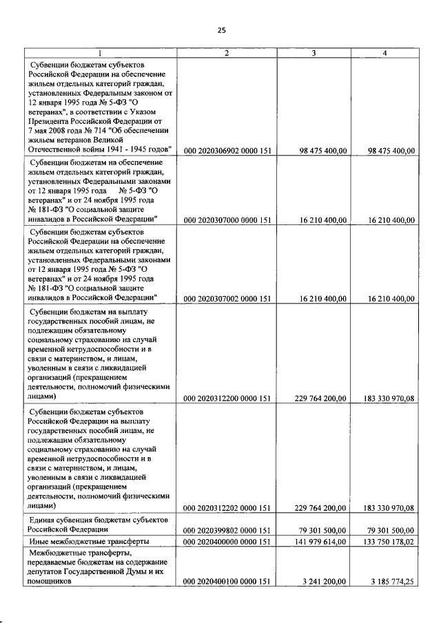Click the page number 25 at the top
221,30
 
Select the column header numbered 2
226,53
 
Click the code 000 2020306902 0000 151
227,151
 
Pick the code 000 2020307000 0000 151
227,220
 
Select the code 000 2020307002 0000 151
227,299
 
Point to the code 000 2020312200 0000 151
227,397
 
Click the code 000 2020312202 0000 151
227,508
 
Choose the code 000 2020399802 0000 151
227,530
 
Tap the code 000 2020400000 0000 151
227,541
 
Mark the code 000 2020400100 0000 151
227,582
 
